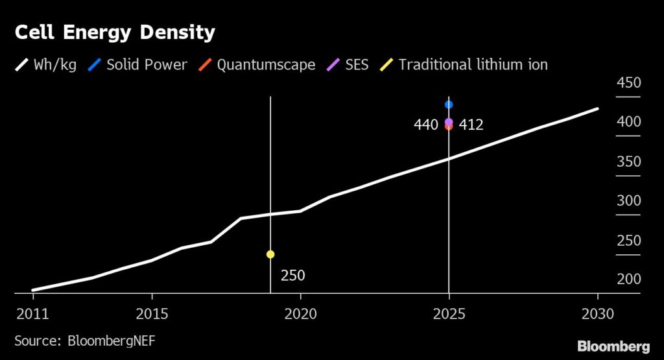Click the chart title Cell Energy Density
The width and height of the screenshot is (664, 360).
tap(114, 33)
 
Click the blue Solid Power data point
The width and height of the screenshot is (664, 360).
tap(449, 104)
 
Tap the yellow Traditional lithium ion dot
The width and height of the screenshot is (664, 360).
tap(270, 254)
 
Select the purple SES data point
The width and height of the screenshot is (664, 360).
tap(449, 121)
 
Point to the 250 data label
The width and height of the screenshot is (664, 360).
tap(292, 276)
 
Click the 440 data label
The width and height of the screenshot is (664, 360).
tap(426, 125)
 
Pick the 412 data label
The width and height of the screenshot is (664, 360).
tap(471, 125)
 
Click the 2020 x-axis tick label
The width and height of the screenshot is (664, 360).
tap(300, 313)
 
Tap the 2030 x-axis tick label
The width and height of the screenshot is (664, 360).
tap(597, 313)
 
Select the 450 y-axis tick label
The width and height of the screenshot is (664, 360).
tap(628, 84)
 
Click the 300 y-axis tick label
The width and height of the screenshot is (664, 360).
tap(628, 201)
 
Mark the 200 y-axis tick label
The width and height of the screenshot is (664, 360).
tap(628, 280)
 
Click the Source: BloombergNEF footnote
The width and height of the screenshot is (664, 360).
tap(85, 341)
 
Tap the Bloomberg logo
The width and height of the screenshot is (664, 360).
tap(613, 345)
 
